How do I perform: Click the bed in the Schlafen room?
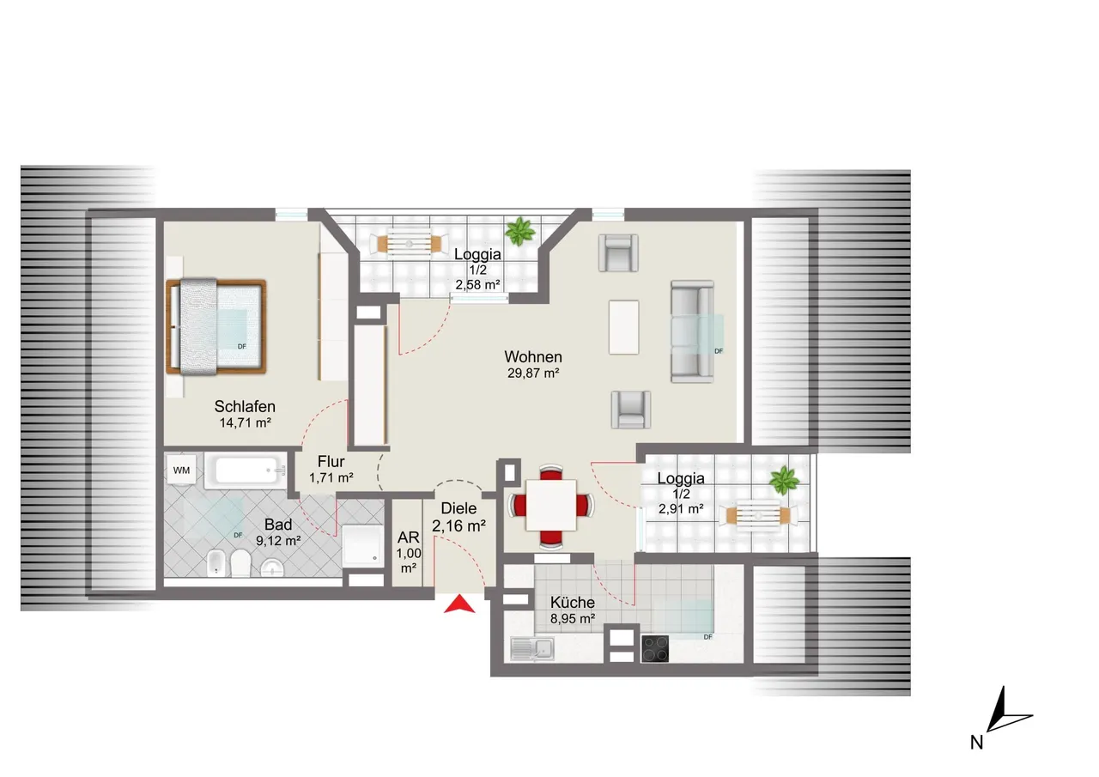[216, 327]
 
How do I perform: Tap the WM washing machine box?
[181, 470]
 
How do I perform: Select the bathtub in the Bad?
[246, 470]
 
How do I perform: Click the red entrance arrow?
[459, 604]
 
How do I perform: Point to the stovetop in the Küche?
[654, 649]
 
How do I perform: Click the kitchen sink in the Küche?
[532, 649]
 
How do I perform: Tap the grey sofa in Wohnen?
[692, 331]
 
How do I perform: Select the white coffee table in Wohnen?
[623, 327]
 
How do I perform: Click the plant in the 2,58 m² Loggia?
[520, 232]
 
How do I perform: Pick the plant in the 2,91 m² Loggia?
[784, 480]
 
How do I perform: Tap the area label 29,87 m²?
[533, 373]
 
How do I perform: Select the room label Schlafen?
[245, 407]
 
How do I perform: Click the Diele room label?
[458, 508]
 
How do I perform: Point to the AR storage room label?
[408, 537]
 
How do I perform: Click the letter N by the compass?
[976, 744]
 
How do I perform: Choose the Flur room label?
[331, 462]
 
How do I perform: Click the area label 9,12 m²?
[278, 541]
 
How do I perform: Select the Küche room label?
[573, 603]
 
